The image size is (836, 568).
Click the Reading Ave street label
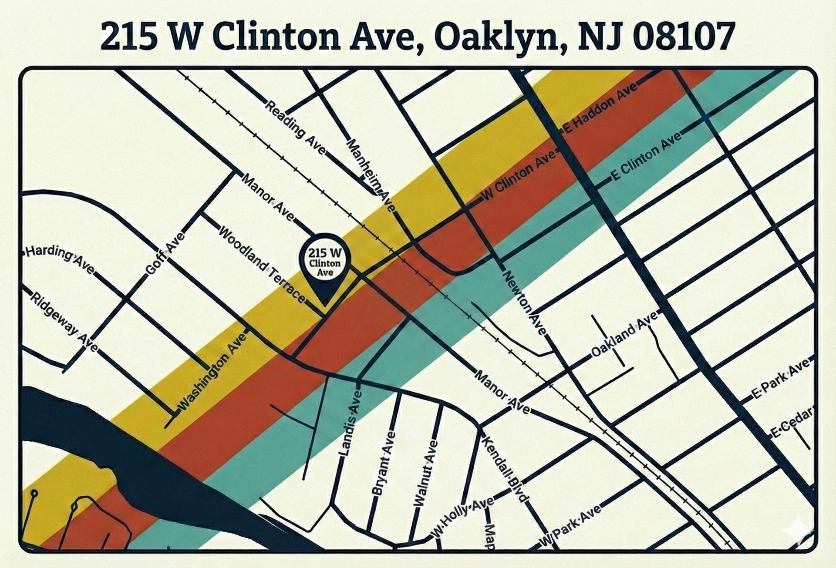click(295, 128)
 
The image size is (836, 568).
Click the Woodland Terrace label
click(261, 264)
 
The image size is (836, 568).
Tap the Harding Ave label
click(60, 259)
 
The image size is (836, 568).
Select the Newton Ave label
click(524, 302)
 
